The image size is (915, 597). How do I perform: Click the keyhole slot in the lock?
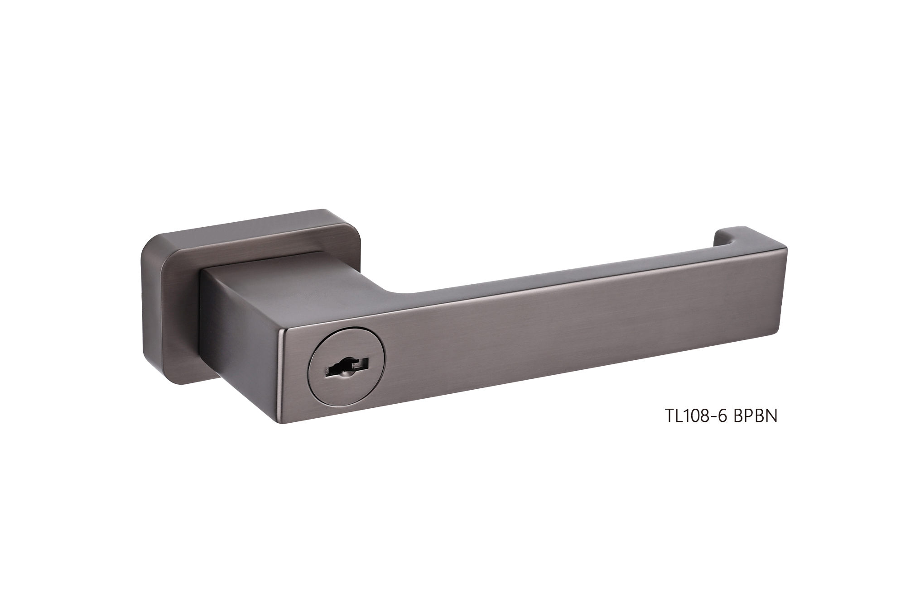[347, 365]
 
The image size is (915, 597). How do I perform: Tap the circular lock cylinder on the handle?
[347, 365]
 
